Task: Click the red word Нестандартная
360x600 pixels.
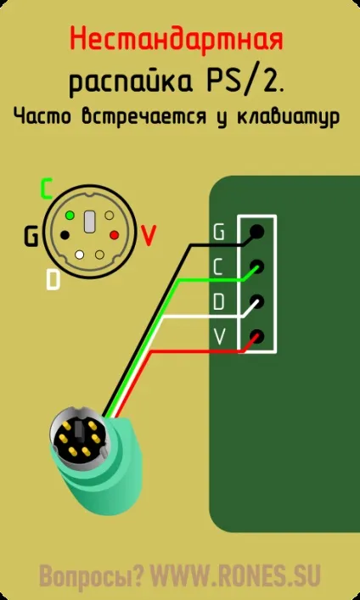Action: point(177,39)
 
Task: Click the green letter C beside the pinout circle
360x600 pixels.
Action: point(46,188)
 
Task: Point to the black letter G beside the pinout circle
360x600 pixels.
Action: point(31,237)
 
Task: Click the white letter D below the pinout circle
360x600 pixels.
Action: point(53,279)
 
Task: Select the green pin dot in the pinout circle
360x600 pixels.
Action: point(70,215)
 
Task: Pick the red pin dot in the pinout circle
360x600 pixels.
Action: point(115,234)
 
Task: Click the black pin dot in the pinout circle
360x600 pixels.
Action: point(65,233)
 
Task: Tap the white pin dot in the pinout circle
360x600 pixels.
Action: point(80,254)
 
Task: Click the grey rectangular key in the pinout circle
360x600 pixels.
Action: point(89,221)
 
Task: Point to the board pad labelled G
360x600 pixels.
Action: point(257,231)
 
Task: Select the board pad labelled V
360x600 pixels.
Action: point(257,336)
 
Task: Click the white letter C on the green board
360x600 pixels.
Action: point(218,268)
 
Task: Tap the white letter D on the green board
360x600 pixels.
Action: point(218,302)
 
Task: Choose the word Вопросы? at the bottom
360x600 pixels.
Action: point(92,575)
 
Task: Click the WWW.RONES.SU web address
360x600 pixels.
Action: point(235,574)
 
